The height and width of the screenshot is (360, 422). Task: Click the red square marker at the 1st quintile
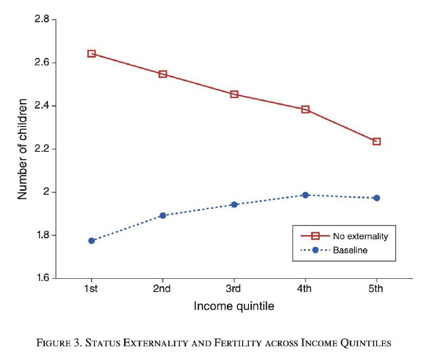pos(92,54)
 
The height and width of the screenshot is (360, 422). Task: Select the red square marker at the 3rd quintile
pos(234,94)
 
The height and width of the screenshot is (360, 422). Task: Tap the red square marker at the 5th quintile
pos(377,141)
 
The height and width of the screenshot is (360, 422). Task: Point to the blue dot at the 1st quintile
pos(92,241)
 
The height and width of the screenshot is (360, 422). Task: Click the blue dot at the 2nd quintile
pos(163,215)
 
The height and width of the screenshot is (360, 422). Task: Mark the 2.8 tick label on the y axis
pos(42,20)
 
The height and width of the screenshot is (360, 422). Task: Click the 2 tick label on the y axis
pos(46,192)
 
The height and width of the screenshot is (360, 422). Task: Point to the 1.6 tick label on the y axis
pos(42,278)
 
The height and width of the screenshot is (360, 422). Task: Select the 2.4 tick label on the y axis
pos(42,106)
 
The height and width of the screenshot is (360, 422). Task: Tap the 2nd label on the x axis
pos(162,288)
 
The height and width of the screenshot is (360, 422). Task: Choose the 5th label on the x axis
pos(376,288)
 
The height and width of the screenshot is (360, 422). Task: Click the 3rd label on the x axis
pos(234,288)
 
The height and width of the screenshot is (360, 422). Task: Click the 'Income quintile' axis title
pos(234,306)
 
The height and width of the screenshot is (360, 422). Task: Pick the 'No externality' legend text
pos(360,236)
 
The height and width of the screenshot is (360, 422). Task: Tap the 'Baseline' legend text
pos(350,250)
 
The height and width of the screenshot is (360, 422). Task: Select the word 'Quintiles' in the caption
pos(369,343)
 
